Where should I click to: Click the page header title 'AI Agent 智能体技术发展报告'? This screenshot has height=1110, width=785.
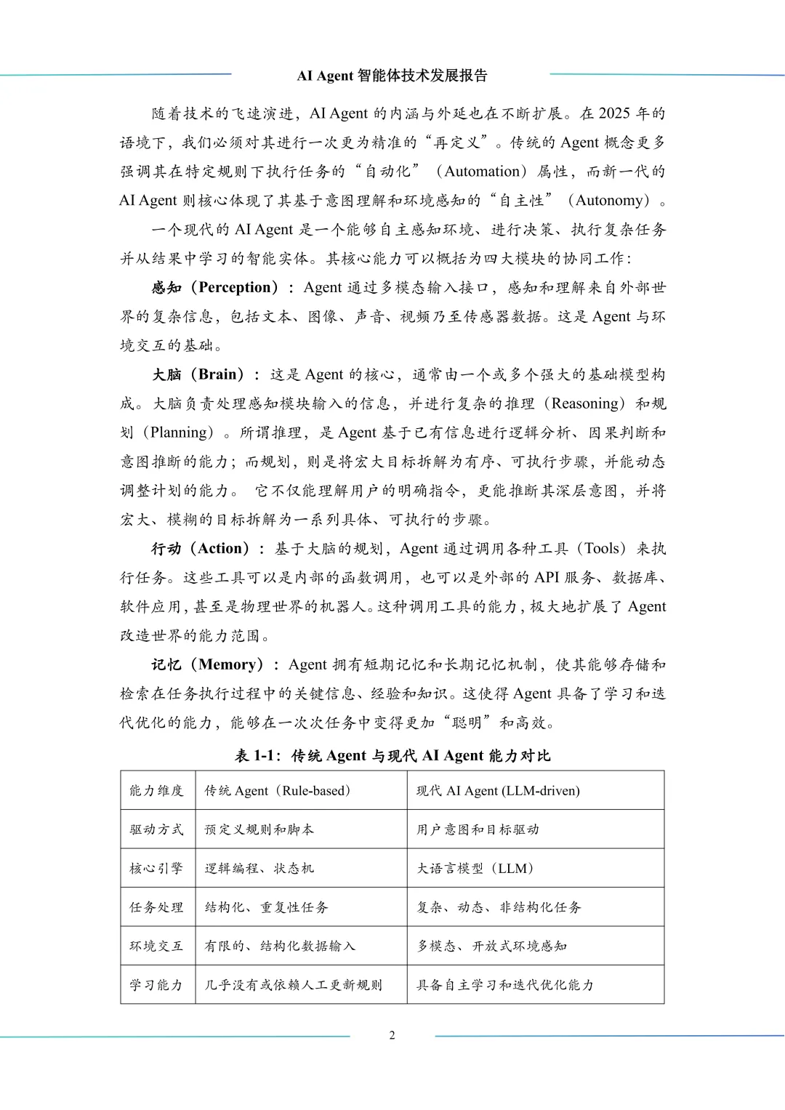pos(392,76)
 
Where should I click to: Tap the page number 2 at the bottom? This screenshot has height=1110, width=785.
pos(392,1035)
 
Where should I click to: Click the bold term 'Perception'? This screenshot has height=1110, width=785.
pos(238,287)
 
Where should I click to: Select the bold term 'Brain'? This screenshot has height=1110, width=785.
pos(217,374)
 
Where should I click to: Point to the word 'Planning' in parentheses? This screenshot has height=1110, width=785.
pos(178,433)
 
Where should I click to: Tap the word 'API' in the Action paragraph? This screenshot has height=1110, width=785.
pos(547,578)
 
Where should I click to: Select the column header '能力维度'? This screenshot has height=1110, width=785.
pos(156,791)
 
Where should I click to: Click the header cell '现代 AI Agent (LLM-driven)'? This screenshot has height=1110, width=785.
pos(498,791)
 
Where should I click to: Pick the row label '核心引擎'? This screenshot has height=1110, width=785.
pos(156,869)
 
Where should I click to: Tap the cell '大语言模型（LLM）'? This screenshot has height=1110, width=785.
pos(476,869)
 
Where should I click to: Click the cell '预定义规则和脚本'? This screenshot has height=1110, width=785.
pos(259,829)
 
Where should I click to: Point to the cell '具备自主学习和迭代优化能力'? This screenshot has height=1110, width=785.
pos(505,985)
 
